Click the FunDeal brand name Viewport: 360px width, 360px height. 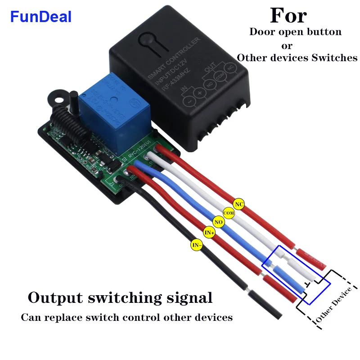coord(41,17)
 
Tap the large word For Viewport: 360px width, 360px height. coord(288,15)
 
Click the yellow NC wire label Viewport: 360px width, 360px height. coord(239,204)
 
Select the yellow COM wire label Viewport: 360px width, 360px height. coord(229,212)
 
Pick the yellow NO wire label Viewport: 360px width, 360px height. coord(219,222)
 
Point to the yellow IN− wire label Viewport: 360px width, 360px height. coord(197,245)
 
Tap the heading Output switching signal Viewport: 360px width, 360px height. coord(120,297)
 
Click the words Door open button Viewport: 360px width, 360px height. coord(295,32)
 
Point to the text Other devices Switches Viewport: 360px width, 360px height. coord(297,58)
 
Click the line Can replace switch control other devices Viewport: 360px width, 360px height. coord(127,317)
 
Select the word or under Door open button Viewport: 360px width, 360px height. coord(287,45)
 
